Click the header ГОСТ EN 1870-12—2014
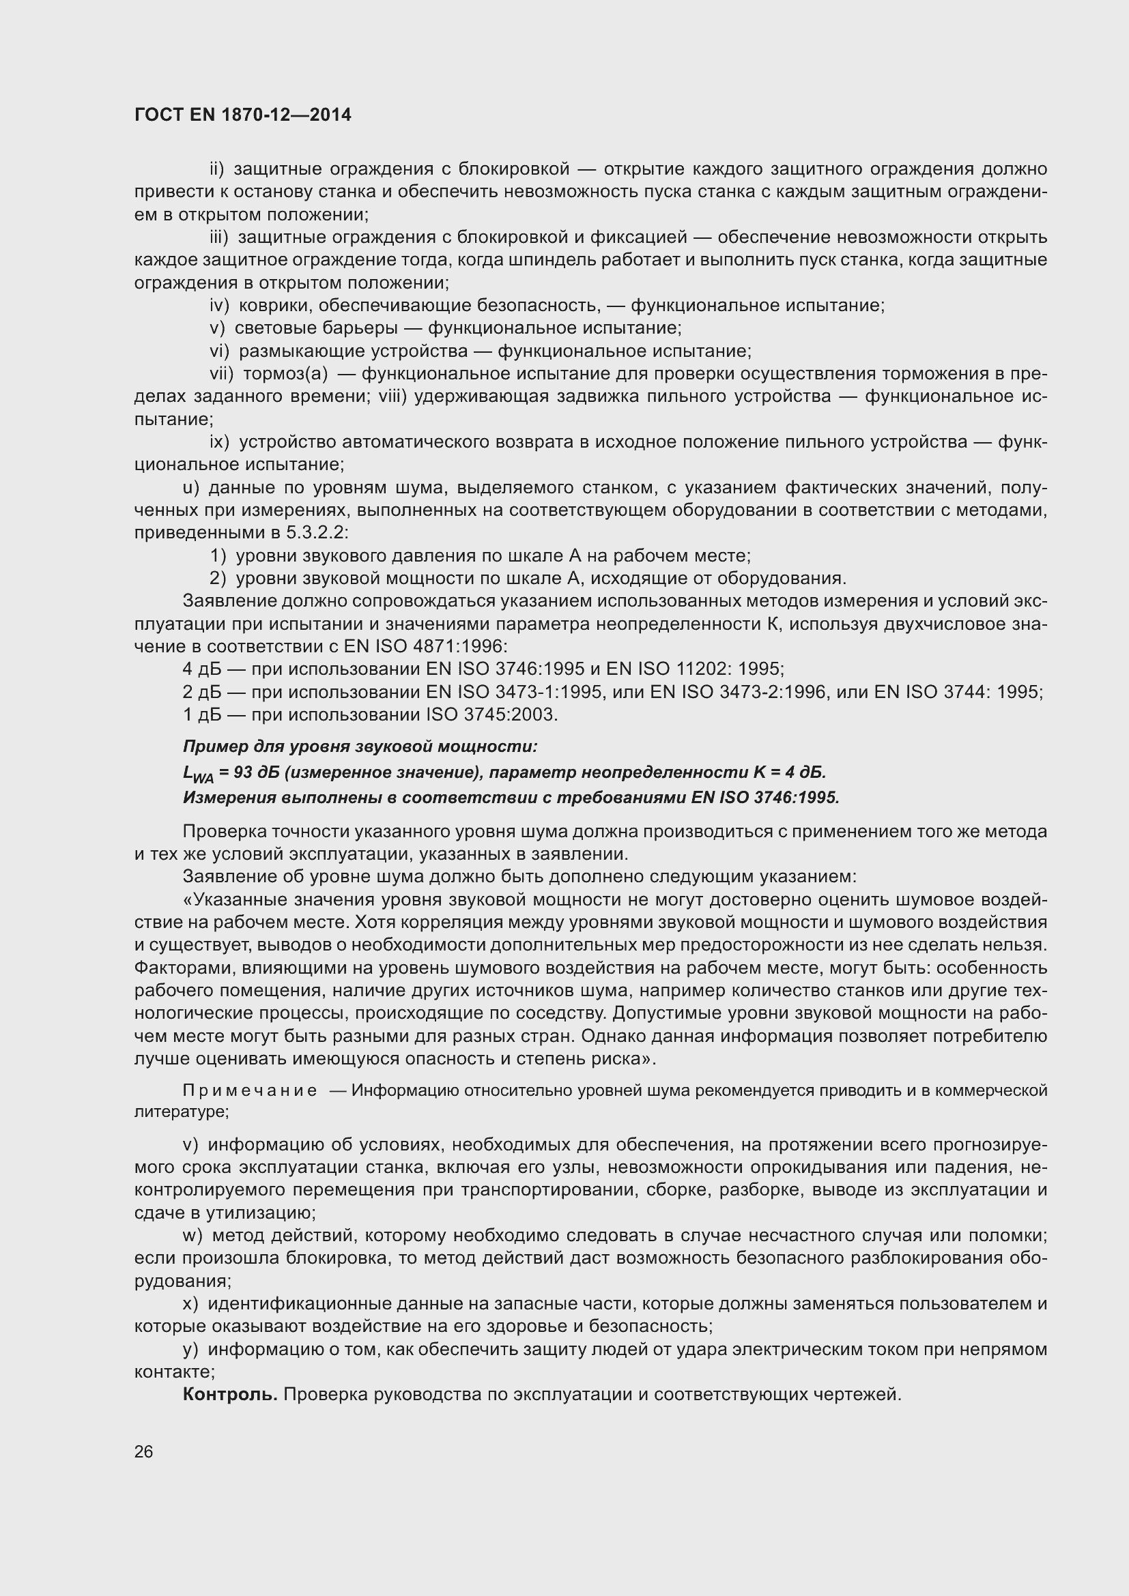click(242, 115)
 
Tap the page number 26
click(143, 1451)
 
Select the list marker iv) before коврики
click(219, 305)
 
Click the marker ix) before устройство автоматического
click(219, 442)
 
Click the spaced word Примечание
click(250, 1090)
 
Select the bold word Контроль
click(230, 1395)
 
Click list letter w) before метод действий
click(192, 1235)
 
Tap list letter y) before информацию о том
click(190, 1349)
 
